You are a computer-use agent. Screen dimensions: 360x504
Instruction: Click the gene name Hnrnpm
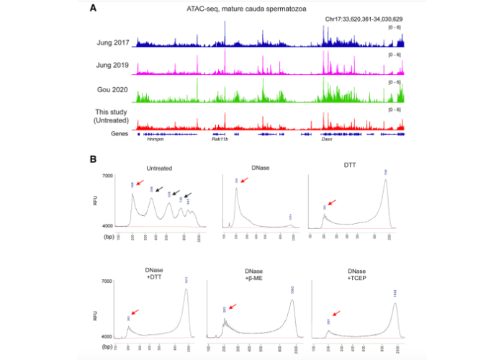point(156,140)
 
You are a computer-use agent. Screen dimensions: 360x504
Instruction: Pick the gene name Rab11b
point(220,140)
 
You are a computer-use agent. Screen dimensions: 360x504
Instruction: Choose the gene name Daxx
point(326,140)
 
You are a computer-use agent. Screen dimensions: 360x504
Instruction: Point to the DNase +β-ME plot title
point(256,273)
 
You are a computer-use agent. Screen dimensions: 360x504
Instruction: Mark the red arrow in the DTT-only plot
point(331,204)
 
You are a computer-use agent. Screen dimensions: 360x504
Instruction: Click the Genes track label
point(120,133)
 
